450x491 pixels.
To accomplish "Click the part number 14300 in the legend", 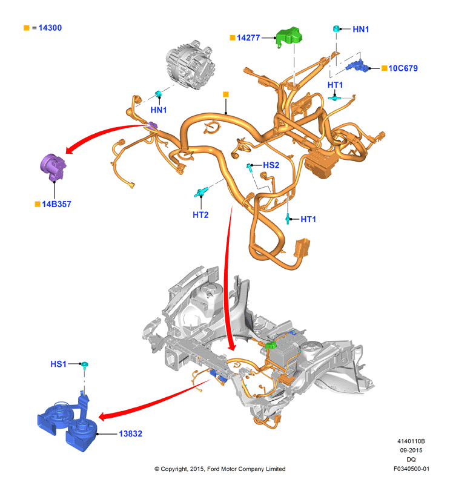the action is pos(50,28).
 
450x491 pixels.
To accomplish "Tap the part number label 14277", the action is pos(248,38).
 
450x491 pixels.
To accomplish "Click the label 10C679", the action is pos(403,68).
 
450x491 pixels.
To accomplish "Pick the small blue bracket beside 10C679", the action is pos(358,65).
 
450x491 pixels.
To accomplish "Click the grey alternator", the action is pos(190,65).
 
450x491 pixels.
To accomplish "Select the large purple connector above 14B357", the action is pos(53,167).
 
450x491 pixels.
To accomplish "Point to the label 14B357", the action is pos(57,204).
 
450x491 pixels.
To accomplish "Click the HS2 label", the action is pos(271,165).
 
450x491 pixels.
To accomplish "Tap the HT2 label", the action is pos(200,215).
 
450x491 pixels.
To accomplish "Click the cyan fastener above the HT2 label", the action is pos(200,193).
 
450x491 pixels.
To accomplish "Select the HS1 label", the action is pos(58,364).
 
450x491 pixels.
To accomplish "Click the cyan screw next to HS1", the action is pos(85,366).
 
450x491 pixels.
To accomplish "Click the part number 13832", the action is pos(131,433).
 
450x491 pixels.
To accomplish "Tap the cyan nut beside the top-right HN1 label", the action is pos(337,28).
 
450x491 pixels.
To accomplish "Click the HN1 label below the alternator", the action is pos(159,110).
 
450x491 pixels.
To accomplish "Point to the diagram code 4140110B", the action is pos(411,441).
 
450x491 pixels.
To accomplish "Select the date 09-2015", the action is pos(411,450).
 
